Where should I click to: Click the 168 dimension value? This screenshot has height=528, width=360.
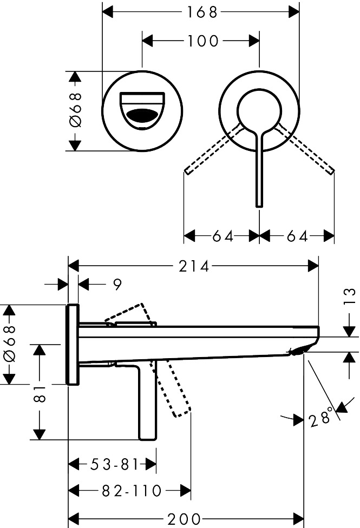(x=202, y=12)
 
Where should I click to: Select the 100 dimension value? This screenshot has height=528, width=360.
(x=202, y=41)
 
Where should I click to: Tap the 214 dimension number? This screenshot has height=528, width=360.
(x=194, y=266)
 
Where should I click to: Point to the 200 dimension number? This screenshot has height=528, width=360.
(x=184, y=519)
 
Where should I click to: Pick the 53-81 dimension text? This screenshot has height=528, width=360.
(x=115, y=465)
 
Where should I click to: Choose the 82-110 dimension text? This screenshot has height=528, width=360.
(x=132, y=491)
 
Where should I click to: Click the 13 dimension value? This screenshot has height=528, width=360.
(x=350, y=296)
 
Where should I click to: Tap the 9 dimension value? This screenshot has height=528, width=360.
(x=116, y=285)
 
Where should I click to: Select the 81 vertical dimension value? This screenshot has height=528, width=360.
(x=40, y=393)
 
